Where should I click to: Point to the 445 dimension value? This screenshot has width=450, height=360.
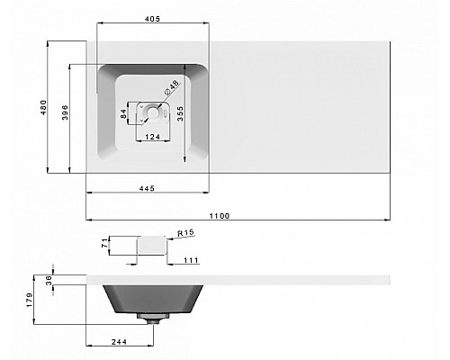(148, 187)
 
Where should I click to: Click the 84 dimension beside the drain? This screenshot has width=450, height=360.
(125, 112)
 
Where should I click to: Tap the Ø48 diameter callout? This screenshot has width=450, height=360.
(170, 90)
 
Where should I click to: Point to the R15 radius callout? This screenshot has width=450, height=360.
(186, 233)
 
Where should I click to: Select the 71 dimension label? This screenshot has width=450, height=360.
(104, 245)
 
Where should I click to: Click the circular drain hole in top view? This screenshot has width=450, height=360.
(155, 112)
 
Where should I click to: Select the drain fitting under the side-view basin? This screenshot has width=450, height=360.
(150, 317)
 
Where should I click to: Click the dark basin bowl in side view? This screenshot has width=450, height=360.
(150, 297)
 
